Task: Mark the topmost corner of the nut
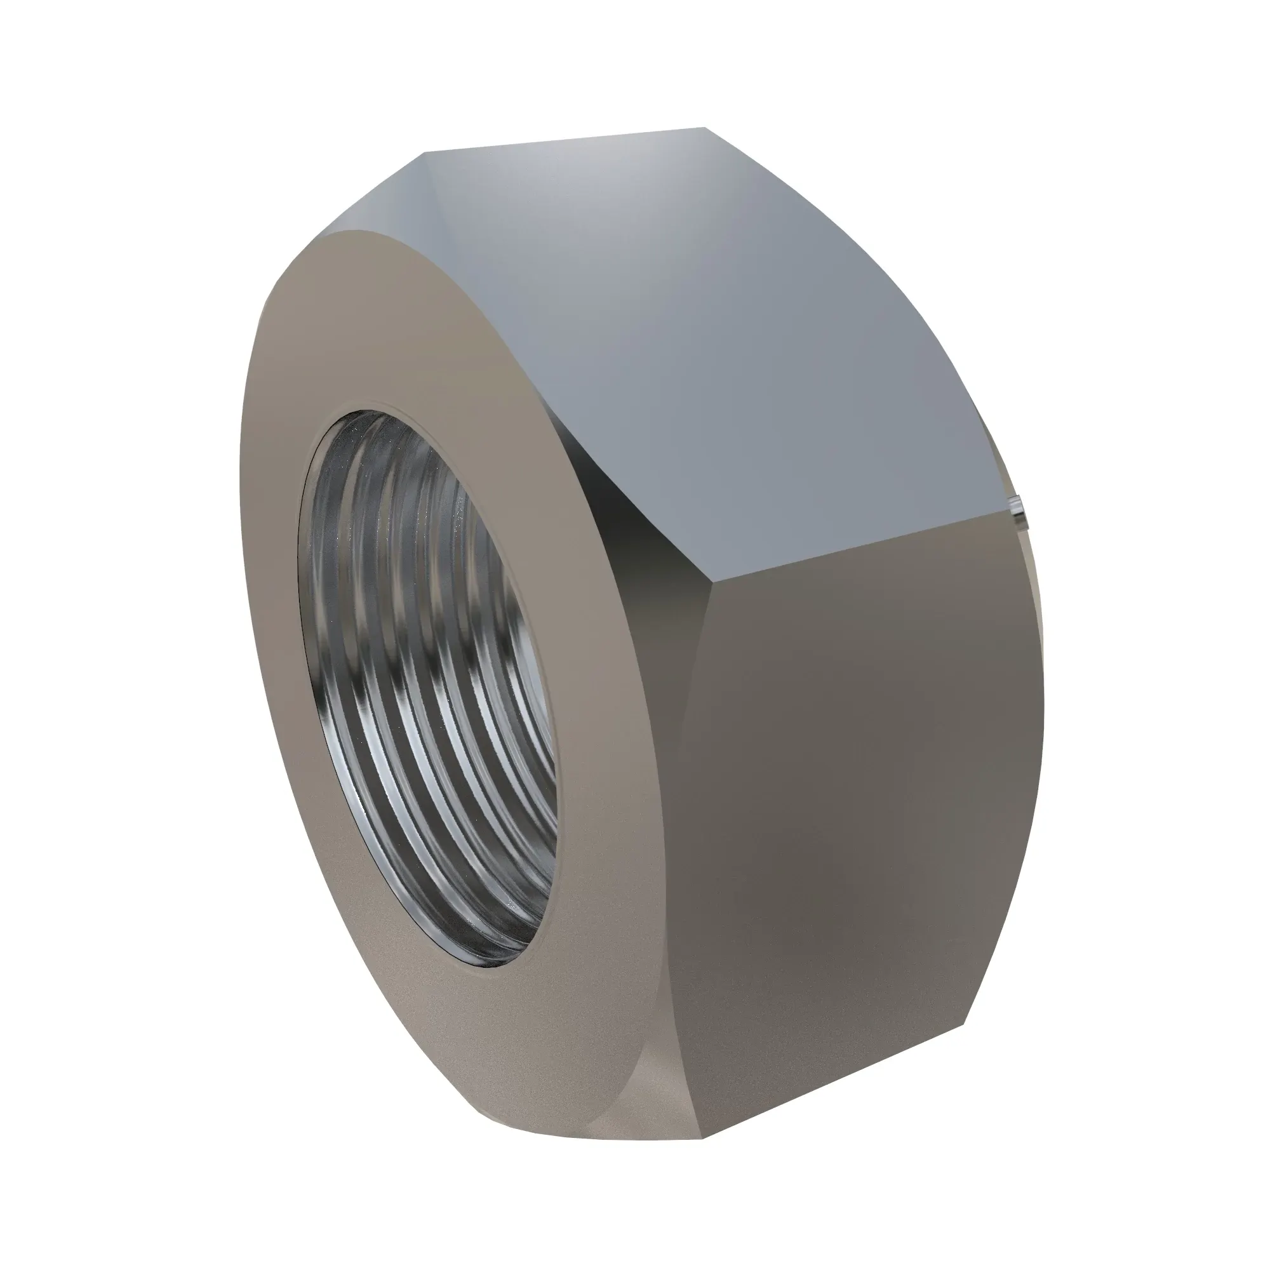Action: [x=704, y=128]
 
